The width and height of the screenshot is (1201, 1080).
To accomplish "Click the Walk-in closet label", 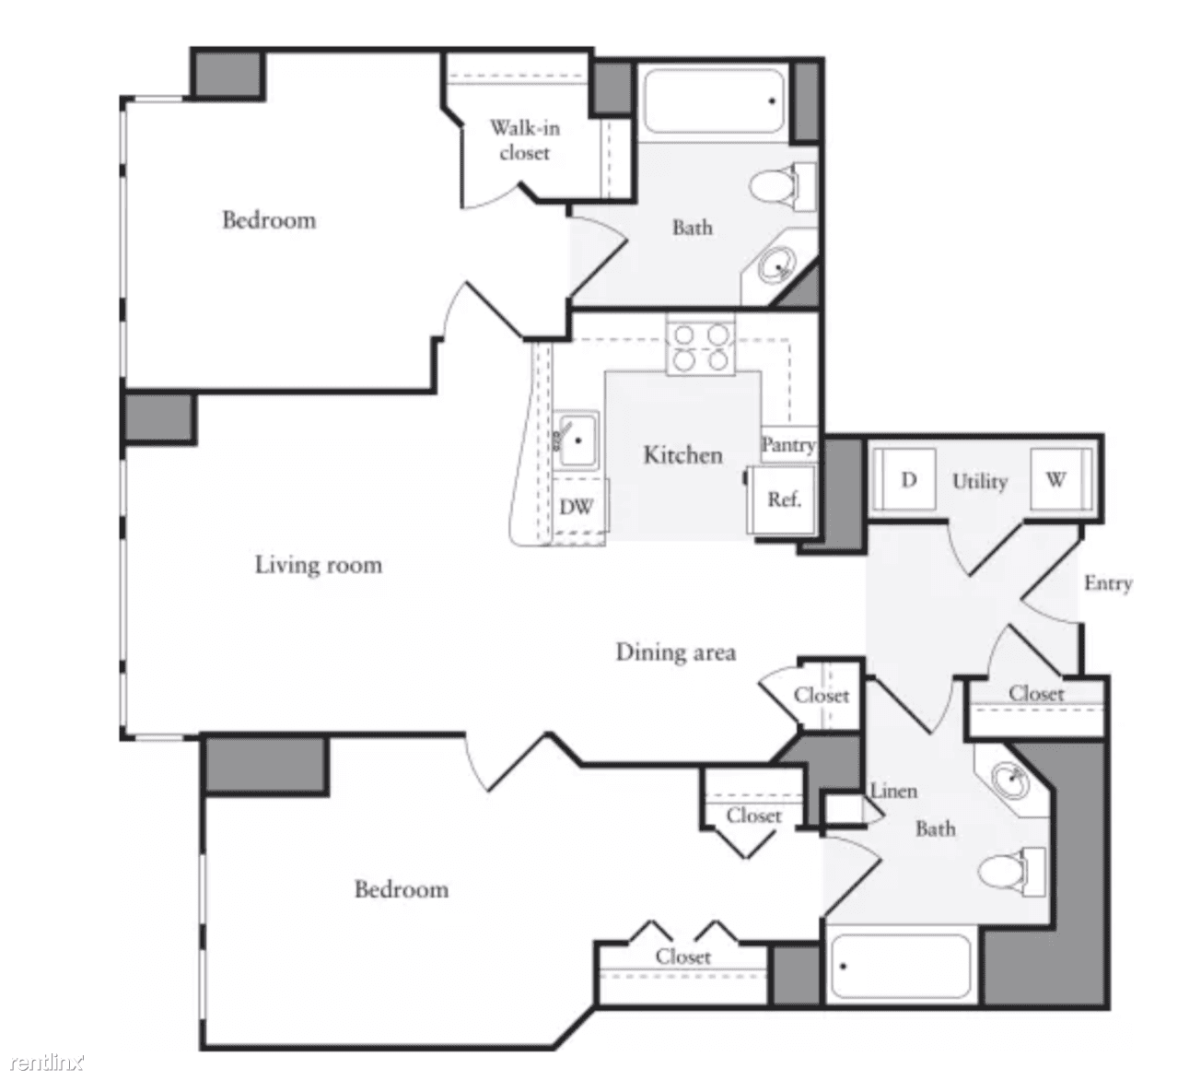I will (x=524, y=140).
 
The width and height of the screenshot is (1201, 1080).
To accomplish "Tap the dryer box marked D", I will (x=908, y=480).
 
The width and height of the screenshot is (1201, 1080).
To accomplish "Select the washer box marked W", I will (x=1055, y=480).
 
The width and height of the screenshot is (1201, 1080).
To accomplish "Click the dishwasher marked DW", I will (x=577, y=507).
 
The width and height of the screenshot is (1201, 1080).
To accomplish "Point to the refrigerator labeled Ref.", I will (x=783, y=499).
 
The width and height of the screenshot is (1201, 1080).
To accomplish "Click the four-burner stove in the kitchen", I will (x=701, y=347).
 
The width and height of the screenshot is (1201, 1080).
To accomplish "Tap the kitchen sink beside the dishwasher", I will (x=577, y=440).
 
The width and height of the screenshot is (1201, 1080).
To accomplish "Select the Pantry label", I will (x=788, y=445).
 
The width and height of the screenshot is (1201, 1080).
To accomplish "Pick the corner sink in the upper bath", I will (x=779, y=266).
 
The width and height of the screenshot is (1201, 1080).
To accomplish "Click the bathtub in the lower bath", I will (x=901, y=968).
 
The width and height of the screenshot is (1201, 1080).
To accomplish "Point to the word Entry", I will (x=1107, y=583).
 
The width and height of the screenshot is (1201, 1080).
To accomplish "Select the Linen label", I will (x=893, y=791).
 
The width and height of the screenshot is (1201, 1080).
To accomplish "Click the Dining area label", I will (x=675, y=652).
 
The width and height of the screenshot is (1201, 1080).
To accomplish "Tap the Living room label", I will (x=318, y=564).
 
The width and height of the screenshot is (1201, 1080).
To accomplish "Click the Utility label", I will (x=979, y=481).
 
